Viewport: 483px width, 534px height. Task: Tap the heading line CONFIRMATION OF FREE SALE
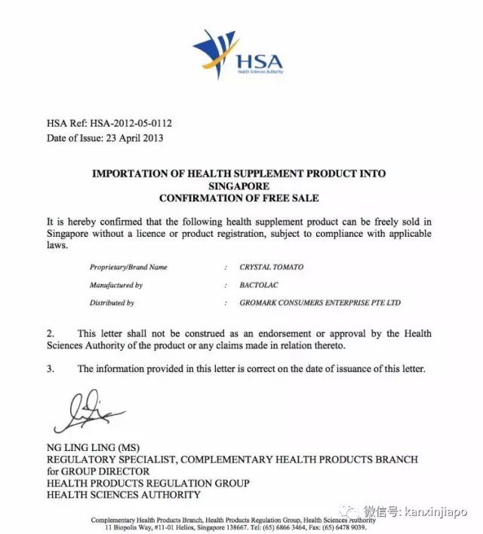[x=238, y=198]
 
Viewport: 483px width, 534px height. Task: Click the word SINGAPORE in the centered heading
[x=238, y=186]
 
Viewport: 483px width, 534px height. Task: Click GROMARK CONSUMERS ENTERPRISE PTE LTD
[x=320, y=303]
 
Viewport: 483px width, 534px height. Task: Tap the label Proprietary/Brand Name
[x=128, y=267]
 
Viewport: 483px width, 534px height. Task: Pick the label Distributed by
[x=112, y=303]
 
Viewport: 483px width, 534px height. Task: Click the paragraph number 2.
[x=51, y=333]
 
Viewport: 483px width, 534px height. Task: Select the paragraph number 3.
[x=51, y=369]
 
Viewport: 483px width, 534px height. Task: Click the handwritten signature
[x=85, y=412]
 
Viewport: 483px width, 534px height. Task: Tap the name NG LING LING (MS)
[x=93, y=447]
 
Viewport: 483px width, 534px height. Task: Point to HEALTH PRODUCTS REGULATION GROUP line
[x=148, y=483]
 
